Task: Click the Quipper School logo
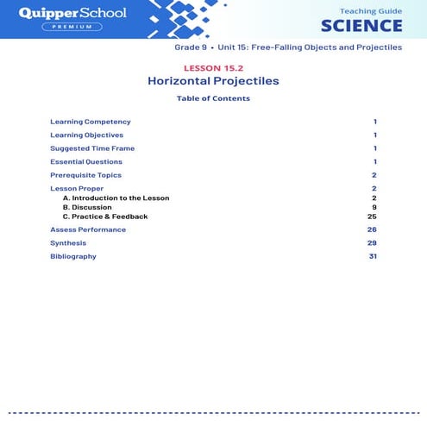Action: (x=72, y=13)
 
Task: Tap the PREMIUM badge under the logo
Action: (x=72, y=27)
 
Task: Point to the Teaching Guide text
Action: (x=371, y=9)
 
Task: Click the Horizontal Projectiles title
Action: (x=213, y=81)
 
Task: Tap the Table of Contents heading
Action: (x=213, y=98)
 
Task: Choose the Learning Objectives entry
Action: (x=86, y=135)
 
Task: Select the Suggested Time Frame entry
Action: (x=92, y=148)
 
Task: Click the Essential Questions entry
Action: (x=86, y=161)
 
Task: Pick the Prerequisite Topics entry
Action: (x=85, y=175)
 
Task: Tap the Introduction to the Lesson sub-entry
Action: (x=116, y=198)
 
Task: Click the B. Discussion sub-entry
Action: (x=87, y=207)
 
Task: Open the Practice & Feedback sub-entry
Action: (x=105, y=217)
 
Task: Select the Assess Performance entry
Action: (x=88, y=229)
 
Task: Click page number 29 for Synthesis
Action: (x=372, y=243)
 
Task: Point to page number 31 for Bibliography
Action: (x=373, y=256)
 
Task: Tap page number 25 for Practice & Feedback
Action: (x=372, y=217)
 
